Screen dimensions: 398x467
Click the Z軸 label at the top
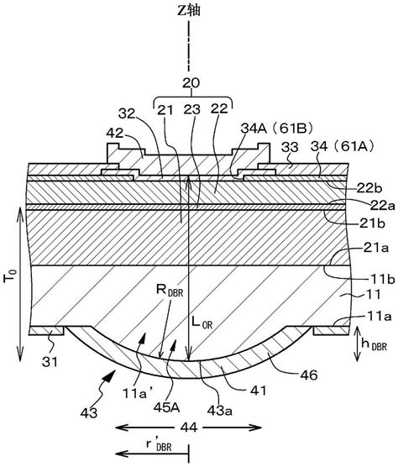(x=189, y=10)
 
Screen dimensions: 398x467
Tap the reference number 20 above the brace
(x=191, y=83)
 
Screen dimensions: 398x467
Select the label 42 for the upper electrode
(x=115, y=133)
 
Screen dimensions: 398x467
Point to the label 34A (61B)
(x=277, y=129)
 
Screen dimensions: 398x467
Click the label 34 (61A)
(x=342, y=146)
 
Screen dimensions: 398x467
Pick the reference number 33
(x=291, y=147)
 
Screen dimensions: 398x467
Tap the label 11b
(x=383, y=279)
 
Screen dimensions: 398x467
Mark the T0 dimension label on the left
(x=8, y=275)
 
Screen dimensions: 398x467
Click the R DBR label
(x=170, y=290)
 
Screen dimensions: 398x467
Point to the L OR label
(x=202, y=323)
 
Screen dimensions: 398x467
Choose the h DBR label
(x=374, y=344)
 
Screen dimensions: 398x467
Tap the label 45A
(x=167, y=407)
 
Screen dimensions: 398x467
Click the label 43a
(x=220, y=411)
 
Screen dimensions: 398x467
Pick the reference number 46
(x=309, y=375)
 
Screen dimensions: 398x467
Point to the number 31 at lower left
(x=50, y=362)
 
